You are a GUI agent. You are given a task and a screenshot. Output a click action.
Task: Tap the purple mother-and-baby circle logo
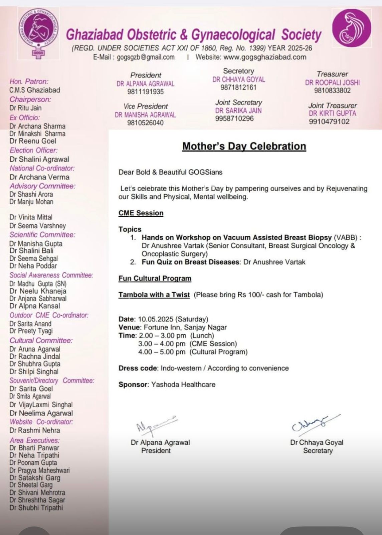coord(352,28)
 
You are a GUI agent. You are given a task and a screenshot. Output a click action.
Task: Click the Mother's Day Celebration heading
coord(244,146)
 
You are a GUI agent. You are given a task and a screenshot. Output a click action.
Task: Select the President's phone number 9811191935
coord(146,92)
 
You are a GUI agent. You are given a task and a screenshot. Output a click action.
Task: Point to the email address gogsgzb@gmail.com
coord(146,57)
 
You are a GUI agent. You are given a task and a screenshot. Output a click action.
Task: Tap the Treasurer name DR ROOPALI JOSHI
coord(332,83)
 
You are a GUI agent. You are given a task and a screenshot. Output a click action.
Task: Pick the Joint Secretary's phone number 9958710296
coord(234,118)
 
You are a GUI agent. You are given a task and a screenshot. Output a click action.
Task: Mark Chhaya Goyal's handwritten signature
coord(315,424)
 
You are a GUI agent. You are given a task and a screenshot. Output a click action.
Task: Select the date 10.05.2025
coord(154,319)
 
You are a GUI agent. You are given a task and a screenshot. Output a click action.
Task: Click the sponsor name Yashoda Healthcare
coord(183,385)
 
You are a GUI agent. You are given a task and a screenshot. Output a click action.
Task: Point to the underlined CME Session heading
coord(141,213)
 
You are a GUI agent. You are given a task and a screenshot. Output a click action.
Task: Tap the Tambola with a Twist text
coord(154,295)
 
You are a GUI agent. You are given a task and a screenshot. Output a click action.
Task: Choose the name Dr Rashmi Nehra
coord(35,430)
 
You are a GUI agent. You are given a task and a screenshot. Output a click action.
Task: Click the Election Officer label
coord(33,150)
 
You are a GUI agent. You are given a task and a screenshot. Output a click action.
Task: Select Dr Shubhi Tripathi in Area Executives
coord(36,508)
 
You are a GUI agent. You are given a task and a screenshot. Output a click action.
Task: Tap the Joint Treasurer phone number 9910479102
coord(329,121)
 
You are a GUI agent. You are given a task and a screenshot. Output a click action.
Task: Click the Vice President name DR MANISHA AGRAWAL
coord(145,115)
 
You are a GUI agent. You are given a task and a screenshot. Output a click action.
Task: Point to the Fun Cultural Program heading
coord(155,279)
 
